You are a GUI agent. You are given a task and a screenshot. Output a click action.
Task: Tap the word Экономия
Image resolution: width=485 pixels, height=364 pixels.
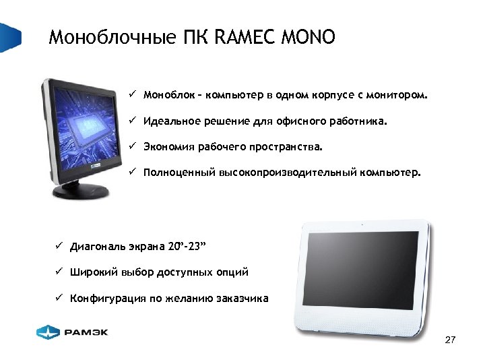point(166,146)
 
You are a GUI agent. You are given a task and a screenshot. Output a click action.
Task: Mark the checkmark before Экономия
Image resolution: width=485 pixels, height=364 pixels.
point(133,146)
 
